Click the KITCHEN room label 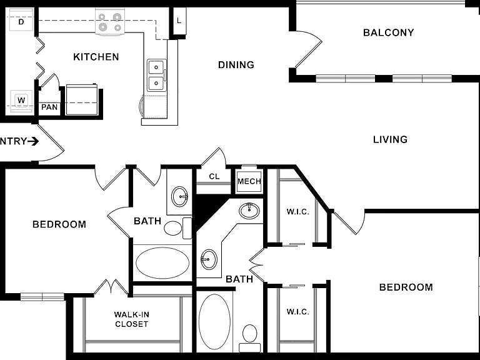click(x=96, y=57)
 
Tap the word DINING click(x=236, y=65)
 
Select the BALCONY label click(x=389, y=32)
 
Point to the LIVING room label click(x=390, y=139)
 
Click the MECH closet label click(x=249, y=181)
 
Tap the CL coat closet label click(x=214, y=177)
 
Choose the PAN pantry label click(x=49, y=107)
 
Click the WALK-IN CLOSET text click(x=132, y=319)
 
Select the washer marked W click(x=21, y=101)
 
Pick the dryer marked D click(x=21, y=20)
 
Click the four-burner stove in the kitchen click(x=110, y=21)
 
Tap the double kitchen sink click(x=156, y=75)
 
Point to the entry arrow click(x=33, y=141)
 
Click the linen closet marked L click(x=179, y=21)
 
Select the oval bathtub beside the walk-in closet click(x=162, y=263)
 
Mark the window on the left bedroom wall click(x=42, y=297)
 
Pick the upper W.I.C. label click(x=298, y=211)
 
